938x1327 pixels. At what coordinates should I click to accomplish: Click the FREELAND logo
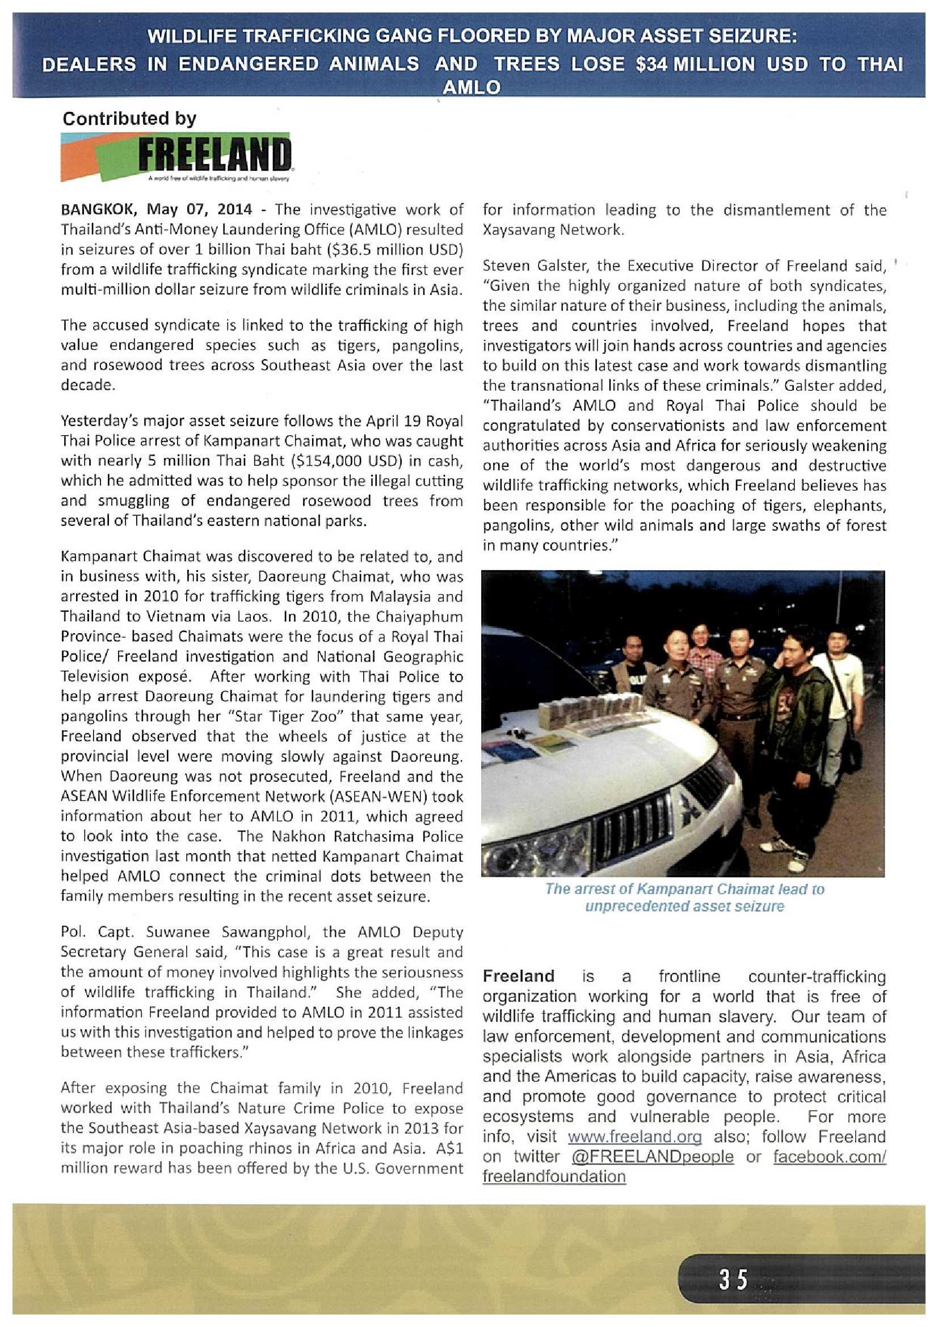(176, 157)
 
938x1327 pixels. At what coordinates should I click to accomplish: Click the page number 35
(733, 1279)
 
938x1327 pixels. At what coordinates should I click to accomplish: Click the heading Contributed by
(129, 119)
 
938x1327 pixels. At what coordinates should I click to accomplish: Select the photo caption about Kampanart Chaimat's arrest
(684, 897)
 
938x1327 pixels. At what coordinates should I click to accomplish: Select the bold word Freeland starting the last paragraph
(518, 976)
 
